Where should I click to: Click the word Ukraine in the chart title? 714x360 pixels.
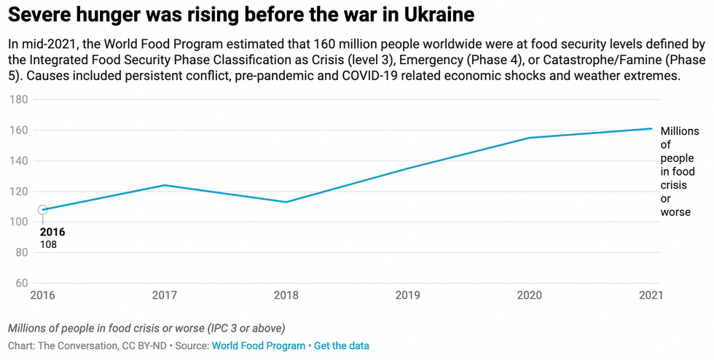[x=434, y=14]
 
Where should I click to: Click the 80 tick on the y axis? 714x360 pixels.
[x=21, y=253]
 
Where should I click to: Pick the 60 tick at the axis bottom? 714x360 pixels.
[x=21, y=283]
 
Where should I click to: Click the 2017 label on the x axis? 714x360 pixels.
[x=165, y=296]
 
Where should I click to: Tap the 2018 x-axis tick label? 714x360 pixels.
[x=286, y=296]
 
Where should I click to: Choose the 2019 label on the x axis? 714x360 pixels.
[x=408, y=296]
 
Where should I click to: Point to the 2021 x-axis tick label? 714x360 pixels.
[x=650, y=296]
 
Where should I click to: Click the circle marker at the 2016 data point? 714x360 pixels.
[x=43, y=210]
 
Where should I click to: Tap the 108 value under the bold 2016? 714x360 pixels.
[x=48, y=245]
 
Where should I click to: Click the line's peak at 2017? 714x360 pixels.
[x=165, y=185]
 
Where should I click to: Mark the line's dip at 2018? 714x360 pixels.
[x=286, y=202]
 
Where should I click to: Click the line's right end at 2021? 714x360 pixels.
[x=651, y=129]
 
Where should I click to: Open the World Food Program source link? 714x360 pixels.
[x=258, y=345]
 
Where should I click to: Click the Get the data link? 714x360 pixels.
[x=341, y=345]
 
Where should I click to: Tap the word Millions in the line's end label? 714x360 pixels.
[x=679, y=131]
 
